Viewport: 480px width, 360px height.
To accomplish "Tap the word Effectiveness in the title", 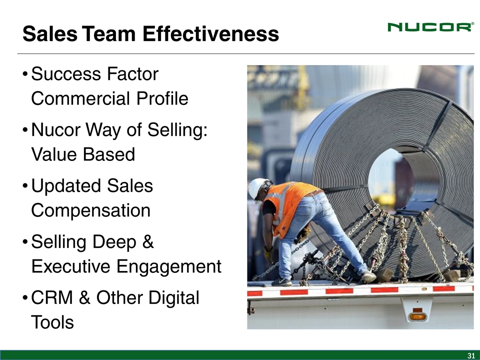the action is [210, 33].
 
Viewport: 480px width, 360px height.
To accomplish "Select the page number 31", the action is [471, 355].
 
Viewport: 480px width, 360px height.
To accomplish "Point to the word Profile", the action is [162, 98].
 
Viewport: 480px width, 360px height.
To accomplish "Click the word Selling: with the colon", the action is [177, 130].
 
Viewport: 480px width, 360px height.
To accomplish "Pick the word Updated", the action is [66, 186].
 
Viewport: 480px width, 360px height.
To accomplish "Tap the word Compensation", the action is [91, 211].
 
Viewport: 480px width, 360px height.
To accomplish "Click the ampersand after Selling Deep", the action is [148, 241].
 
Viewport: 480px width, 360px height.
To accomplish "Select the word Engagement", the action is [169, 266].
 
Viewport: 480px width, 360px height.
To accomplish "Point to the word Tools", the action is [52, 322].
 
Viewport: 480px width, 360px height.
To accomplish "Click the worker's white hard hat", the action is [257, 188].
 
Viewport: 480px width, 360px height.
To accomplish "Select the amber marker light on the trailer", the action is [417, 316].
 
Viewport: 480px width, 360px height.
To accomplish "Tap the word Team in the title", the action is [108, 33].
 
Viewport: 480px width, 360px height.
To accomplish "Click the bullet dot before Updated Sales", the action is [25, 186].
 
